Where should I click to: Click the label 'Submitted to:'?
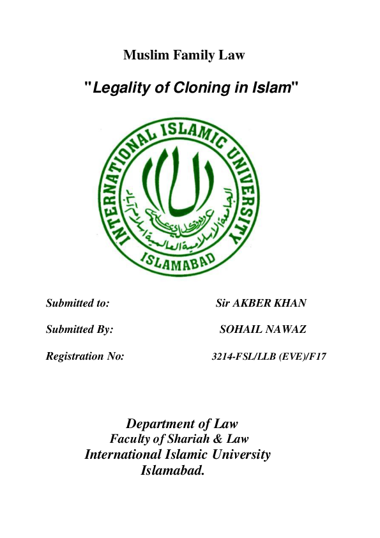(77, 303)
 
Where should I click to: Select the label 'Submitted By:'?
(79, 330)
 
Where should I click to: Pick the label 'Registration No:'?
(84, 357)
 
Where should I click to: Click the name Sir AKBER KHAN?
(262, 303)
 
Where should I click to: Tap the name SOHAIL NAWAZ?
(262, 330)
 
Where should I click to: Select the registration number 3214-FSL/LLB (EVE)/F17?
(269, 357)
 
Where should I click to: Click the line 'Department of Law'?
(181, 424)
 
